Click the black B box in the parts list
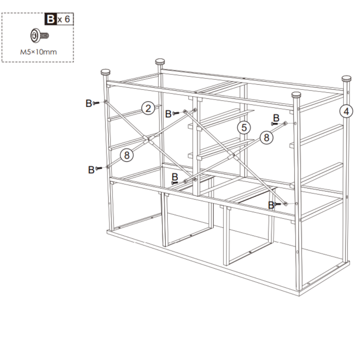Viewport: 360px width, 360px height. tap(51, 19)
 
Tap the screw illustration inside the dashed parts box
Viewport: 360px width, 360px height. tap(38, 36)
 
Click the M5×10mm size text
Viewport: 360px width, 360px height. tap(38, 52)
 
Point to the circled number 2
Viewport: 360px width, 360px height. tap(148, 108)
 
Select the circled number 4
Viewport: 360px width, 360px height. tap(346, 111)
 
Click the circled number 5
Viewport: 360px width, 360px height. tap(244, 127)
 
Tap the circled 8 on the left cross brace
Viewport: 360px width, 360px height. tap(127, 155)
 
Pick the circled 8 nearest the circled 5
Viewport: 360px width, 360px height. tap(266, 137)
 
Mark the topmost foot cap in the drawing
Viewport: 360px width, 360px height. tap(161, 62)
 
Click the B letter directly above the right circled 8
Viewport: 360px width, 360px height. tap(276, 117)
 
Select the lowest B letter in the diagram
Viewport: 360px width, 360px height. tap(271, 205)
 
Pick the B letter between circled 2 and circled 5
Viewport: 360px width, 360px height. tap(168, 114)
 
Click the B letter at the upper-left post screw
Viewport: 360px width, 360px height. tap(89, 103)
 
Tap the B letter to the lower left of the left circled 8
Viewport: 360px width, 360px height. tap(91, 169)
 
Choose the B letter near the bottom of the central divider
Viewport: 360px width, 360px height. tap(175, 177)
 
